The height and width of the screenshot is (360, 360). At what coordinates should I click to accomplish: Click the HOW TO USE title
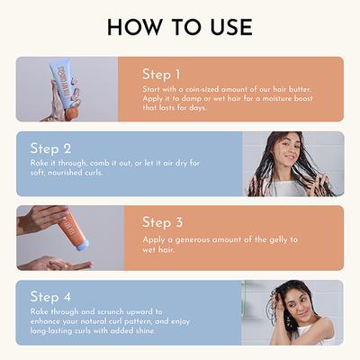(x=180, y=27)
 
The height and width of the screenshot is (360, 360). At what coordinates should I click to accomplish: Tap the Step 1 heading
(x=161, y=74)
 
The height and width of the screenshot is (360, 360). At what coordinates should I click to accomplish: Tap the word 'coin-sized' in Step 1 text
(x=201, y=90)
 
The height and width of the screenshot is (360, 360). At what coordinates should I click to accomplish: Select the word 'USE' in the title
(x=230, y=27)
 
